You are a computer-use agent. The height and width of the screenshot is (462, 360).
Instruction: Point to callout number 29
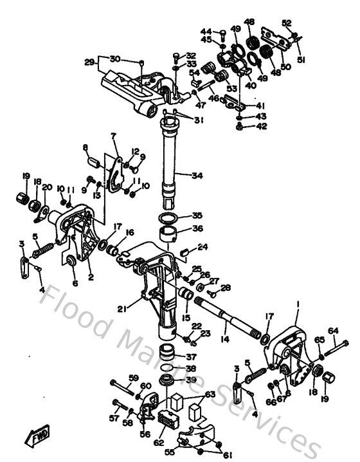click(89, 62)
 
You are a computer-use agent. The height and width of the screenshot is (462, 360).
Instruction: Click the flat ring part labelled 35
click(169, 217)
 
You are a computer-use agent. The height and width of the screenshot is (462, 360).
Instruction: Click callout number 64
click(333, 331)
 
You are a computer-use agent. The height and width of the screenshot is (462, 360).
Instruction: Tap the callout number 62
click(157, 443)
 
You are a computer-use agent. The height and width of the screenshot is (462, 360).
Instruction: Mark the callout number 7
click(113, 136)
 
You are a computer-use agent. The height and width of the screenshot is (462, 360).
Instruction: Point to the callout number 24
click(203, 246)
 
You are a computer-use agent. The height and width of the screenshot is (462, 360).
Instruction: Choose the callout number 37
click(192, 358)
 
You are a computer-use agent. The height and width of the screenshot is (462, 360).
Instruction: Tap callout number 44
click(206, 31)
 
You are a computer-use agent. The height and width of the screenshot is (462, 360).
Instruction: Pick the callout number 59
click(133, 378)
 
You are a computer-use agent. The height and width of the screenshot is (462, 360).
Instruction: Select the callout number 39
click(192, 380)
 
